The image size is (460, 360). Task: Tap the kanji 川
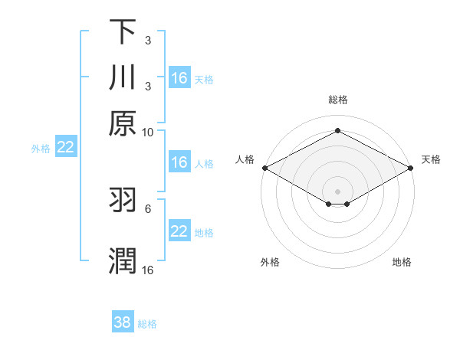[122, 78]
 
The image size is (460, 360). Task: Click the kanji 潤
[122, 260]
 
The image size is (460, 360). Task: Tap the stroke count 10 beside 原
[148, 132]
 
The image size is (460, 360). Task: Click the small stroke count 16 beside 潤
[148, 270]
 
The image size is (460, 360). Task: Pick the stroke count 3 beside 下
[148, 40]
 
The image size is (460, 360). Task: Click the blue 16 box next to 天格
[179, 78]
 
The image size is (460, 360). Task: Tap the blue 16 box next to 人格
[179, 162]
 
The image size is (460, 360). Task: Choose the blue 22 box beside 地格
[179, 231]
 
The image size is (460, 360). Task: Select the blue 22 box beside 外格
[65, 148]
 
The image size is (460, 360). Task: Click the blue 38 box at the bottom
[122, 322]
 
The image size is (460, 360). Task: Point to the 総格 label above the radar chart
[337, 100]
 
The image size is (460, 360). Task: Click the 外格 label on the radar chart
[270, 263]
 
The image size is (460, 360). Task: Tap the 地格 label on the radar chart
[402, 263]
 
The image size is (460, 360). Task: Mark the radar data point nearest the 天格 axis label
[412, 168]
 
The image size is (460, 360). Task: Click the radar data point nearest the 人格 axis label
[264, 168]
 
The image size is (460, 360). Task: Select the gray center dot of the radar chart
[338, 191]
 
